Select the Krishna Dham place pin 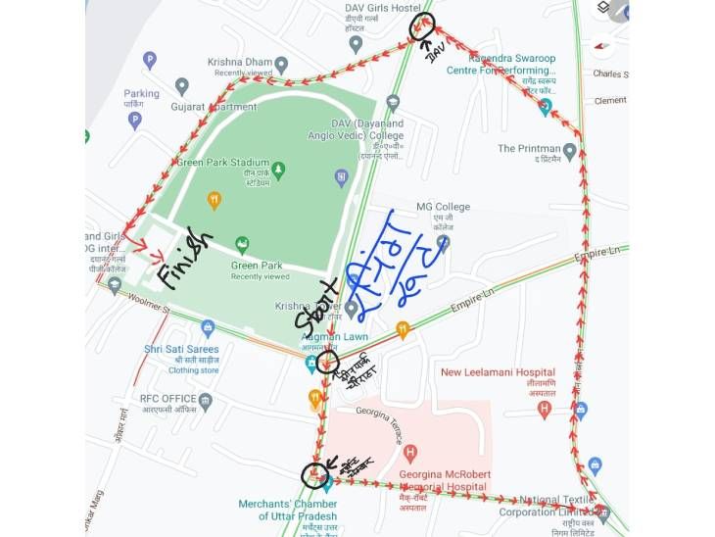point(281,65)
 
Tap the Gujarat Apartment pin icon point(181,86)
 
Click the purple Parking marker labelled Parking point(135,121)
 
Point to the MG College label point(443,207)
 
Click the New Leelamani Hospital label point(498,372)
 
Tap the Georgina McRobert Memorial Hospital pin point(410,453)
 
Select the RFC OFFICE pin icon point(205,400)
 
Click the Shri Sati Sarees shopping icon point(207,328)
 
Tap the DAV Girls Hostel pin point(356,43)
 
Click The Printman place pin point(569,150)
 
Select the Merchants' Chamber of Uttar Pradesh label point(288,511)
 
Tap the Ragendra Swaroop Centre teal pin point(546,106)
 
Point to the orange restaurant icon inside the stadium point(214,201)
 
